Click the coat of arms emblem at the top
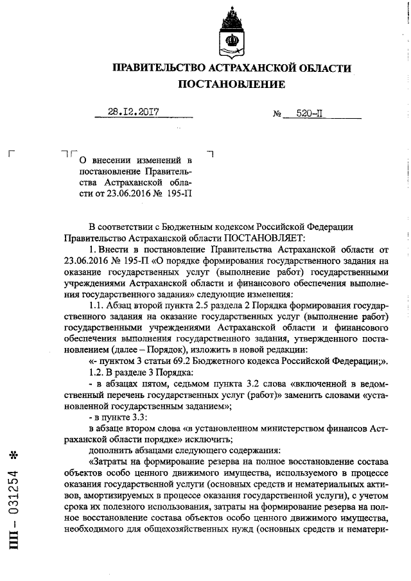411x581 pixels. pyautogui.click(x=231, y=32)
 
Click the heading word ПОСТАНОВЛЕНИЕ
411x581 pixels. pyautogui.click(x=232, y=84)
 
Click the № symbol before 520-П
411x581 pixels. pyautogui.click(x=278, y=114)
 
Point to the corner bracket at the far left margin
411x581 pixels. pyautogui.click(x=10, y=153)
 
